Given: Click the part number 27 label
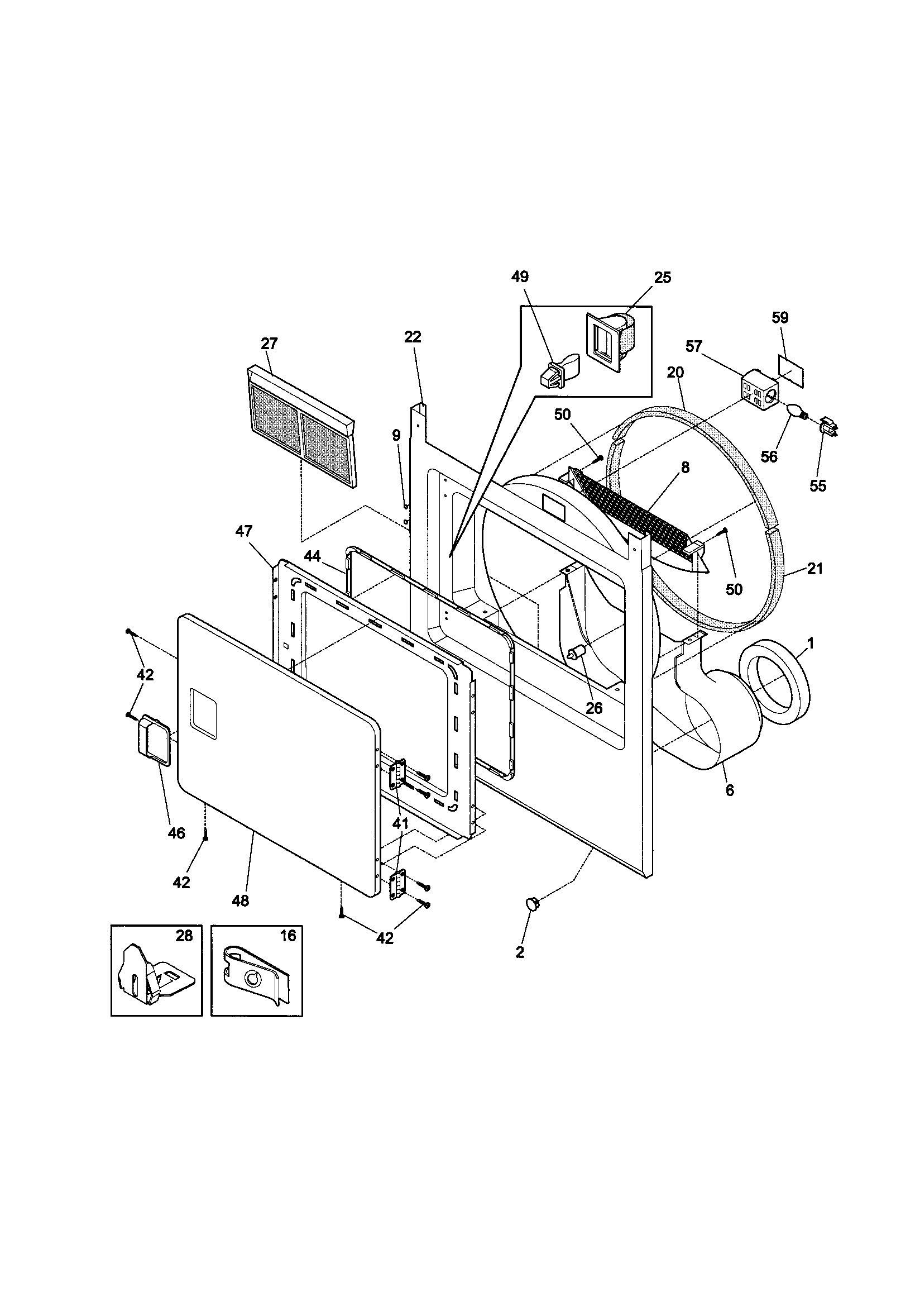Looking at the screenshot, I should point(269,344).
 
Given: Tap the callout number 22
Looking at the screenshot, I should point(412,337).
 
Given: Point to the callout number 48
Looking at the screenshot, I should point(241,901).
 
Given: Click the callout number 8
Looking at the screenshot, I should point(684,468).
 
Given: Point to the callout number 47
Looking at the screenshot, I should point(244,531).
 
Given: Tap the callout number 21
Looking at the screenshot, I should point(815,568).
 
